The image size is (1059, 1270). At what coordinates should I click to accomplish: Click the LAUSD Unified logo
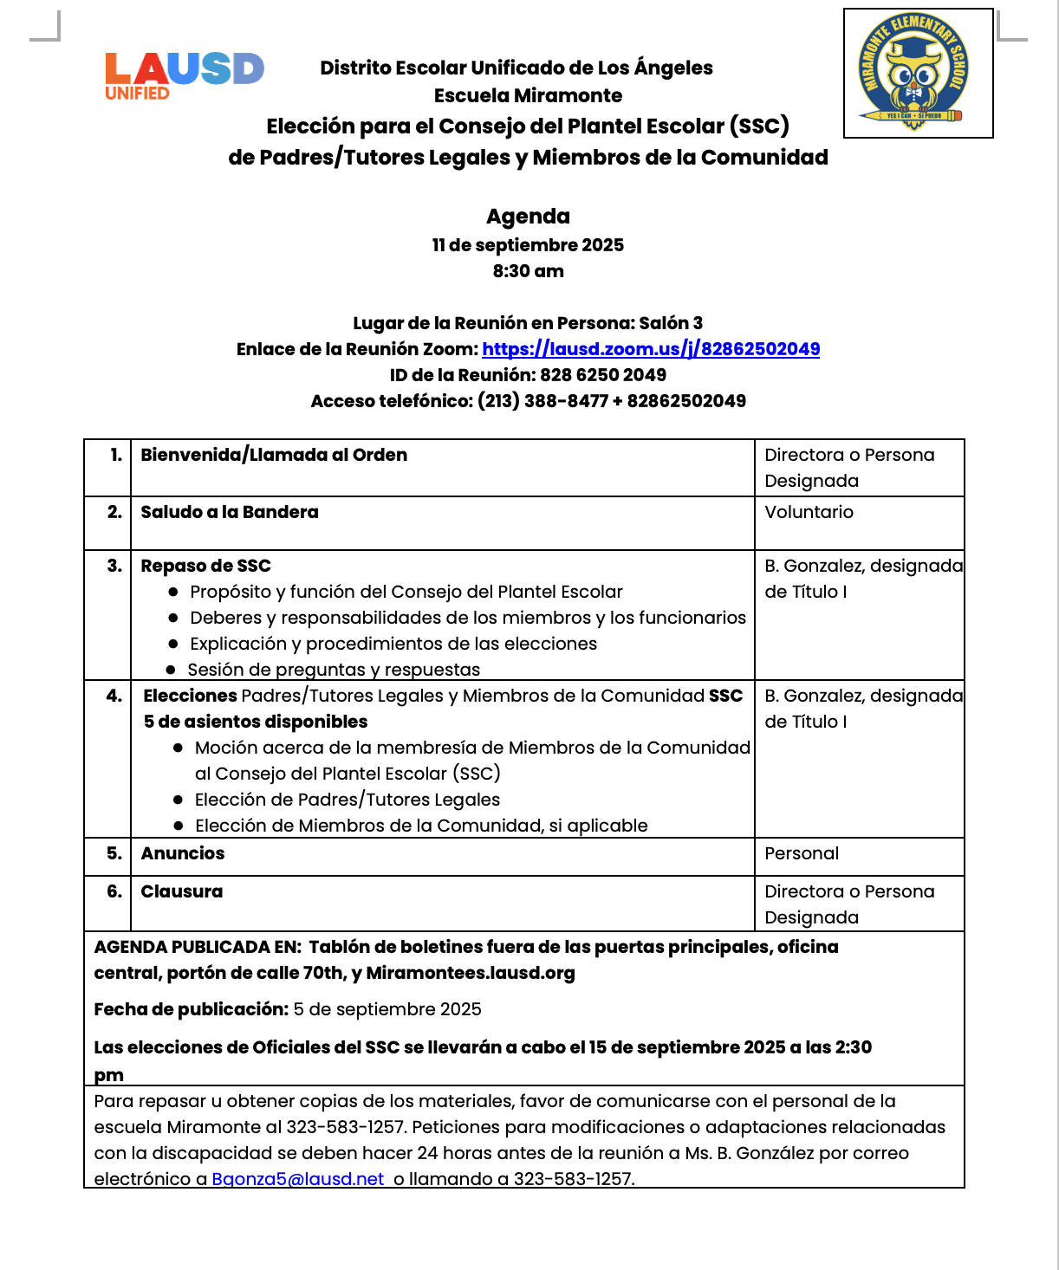pyautogui.click(x=184, y=75)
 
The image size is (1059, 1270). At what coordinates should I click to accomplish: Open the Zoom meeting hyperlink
pyautogui.click(x=651, y=349)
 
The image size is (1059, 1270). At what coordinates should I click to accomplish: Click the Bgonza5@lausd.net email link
pyautogui.click(x=298, y=1179)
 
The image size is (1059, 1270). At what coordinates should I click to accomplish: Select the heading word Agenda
pyautogui.click(x=528, y=217)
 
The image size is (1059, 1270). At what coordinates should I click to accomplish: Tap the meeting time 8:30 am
pyautogui.click(x=528, y=271)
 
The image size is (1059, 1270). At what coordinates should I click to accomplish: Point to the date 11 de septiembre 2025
pyautogui.click(x=528, y=245)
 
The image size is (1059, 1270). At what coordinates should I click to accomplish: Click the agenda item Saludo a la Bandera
pyautogui.click(x=230, y=512)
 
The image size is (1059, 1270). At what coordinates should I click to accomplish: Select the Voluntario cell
pyautogui.click(x=809, y=512)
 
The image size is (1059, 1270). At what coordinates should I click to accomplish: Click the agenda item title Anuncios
pyautogui.click(x=183, y=853)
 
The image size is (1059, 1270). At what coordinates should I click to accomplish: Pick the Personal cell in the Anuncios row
pyautogui.click(x=802, y=853)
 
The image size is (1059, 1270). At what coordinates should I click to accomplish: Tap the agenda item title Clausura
pyautogui.click(x=182, y=891)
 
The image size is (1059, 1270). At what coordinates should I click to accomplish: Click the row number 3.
pyautogui.click(x=114, y=566)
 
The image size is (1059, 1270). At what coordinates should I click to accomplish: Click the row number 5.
pyautogui.click(x=114, y=853)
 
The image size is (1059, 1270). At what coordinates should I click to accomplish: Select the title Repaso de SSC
pyautogui.click(x=206, y=566)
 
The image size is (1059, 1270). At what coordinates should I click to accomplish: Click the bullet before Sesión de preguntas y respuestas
pyautogui.click(x=171, y=670)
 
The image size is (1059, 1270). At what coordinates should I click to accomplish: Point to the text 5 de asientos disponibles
pyautogui.click(x=256, y=722)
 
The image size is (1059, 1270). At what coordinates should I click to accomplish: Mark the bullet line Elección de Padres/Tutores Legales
pyautogui.click(x=348, y=800)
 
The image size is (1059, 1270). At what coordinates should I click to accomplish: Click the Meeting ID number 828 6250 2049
pyautogui.click(x=603, y=375)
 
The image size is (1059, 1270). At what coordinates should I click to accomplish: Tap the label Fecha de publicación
pyautogui.click(x=191, y=1009)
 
